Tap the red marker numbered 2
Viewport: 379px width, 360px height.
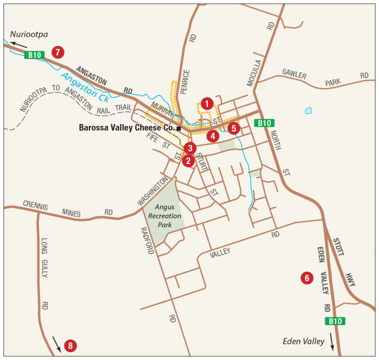coord(188,160)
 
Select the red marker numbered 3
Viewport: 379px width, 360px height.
coord(190,148)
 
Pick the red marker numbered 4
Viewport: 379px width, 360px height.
coord(213,136)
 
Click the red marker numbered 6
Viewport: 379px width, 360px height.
coord(307,278)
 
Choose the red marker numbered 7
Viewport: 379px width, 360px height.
coord(58,52)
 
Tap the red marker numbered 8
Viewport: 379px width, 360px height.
coord(70,346)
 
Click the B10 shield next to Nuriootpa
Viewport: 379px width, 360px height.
coord(34,55)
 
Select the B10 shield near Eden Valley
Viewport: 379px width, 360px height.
coord(335,321)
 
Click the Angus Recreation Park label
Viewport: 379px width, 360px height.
coord(168,216)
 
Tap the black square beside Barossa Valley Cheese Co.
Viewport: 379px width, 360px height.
coord(179,128)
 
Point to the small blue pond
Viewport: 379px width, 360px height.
coord(309,111)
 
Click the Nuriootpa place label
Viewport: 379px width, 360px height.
coord(29,35)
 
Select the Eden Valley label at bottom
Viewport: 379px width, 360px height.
coord(304,341)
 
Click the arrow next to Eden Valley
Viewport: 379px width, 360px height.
coord(333,341)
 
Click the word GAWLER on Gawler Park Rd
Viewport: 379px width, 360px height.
coord(294,75)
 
